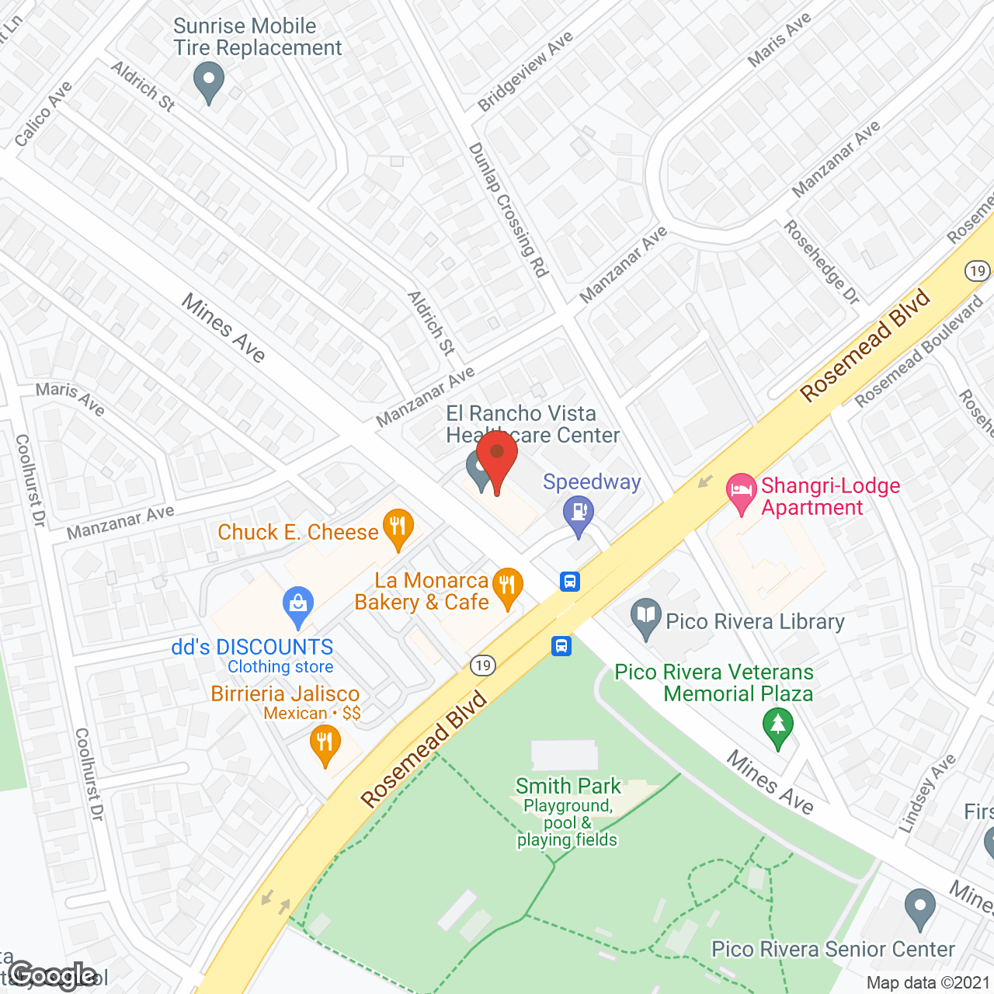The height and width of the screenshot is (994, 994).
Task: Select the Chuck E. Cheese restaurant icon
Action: click(x=398, y=527)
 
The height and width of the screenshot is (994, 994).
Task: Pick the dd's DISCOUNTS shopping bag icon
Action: click(x=298, y=605)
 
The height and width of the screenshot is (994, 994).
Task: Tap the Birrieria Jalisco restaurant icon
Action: click(x=325, y=744)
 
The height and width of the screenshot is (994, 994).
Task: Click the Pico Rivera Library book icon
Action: click(x=645, y=617)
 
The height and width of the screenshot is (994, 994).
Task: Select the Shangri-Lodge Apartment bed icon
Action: click(x=741, y=492)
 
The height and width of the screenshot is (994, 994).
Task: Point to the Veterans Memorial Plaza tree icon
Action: click(x=777, y=727)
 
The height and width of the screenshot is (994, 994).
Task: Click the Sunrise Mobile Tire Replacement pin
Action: click(x=208, y=81)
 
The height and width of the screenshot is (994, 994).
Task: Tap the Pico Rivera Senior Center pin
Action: click(x=920, y=908)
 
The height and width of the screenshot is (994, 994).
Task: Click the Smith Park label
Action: click(x=568, y=786)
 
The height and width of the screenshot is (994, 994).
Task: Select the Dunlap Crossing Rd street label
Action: click(x=509, y=210)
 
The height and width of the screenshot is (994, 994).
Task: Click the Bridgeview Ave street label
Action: click(x=525, y=71)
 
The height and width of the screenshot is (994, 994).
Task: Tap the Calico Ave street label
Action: click(x=43, y=113)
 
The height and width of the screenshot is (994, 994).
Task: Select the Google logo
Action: click(x=53, y=975)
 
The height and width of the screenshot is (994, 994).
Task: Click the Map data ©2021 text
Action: click(x=928, y=983)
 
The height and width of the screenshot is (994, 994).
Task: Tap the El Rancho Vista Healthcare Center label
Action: click(x=533, y=424)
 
